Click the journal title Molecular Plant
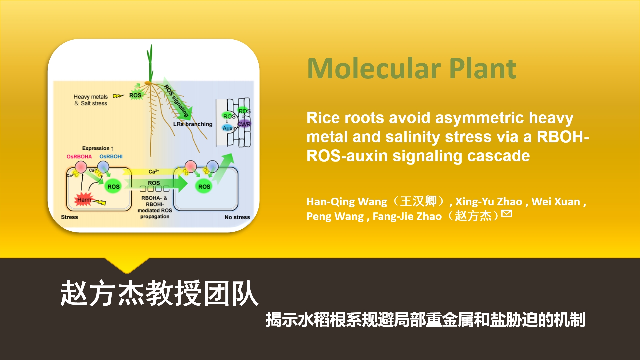[412, 68]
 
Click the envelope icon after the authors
[506, 213]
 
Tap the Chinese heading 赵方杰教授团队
[159, 293]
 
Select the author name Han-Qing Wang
[347, 202]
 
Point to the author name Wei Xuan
[556, 202]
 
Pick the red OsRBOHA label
[79, 157]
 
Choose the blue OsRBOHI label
[111, 157]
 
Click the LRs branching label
[193, 124]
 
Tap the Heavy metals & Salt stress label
[91, 100]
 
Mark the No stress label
[237, 217]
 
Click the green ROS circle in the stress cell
[113, 187]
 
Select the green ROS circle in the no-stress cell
[204, 187]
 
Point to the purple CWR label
[244, 124]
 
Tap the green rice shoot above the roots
[150, 63]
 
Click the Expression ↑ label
[98, 148]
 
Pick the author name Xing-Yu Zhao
[489, 202]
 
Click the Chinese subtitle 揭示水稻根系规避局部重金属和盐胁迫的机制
[425, 320]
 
